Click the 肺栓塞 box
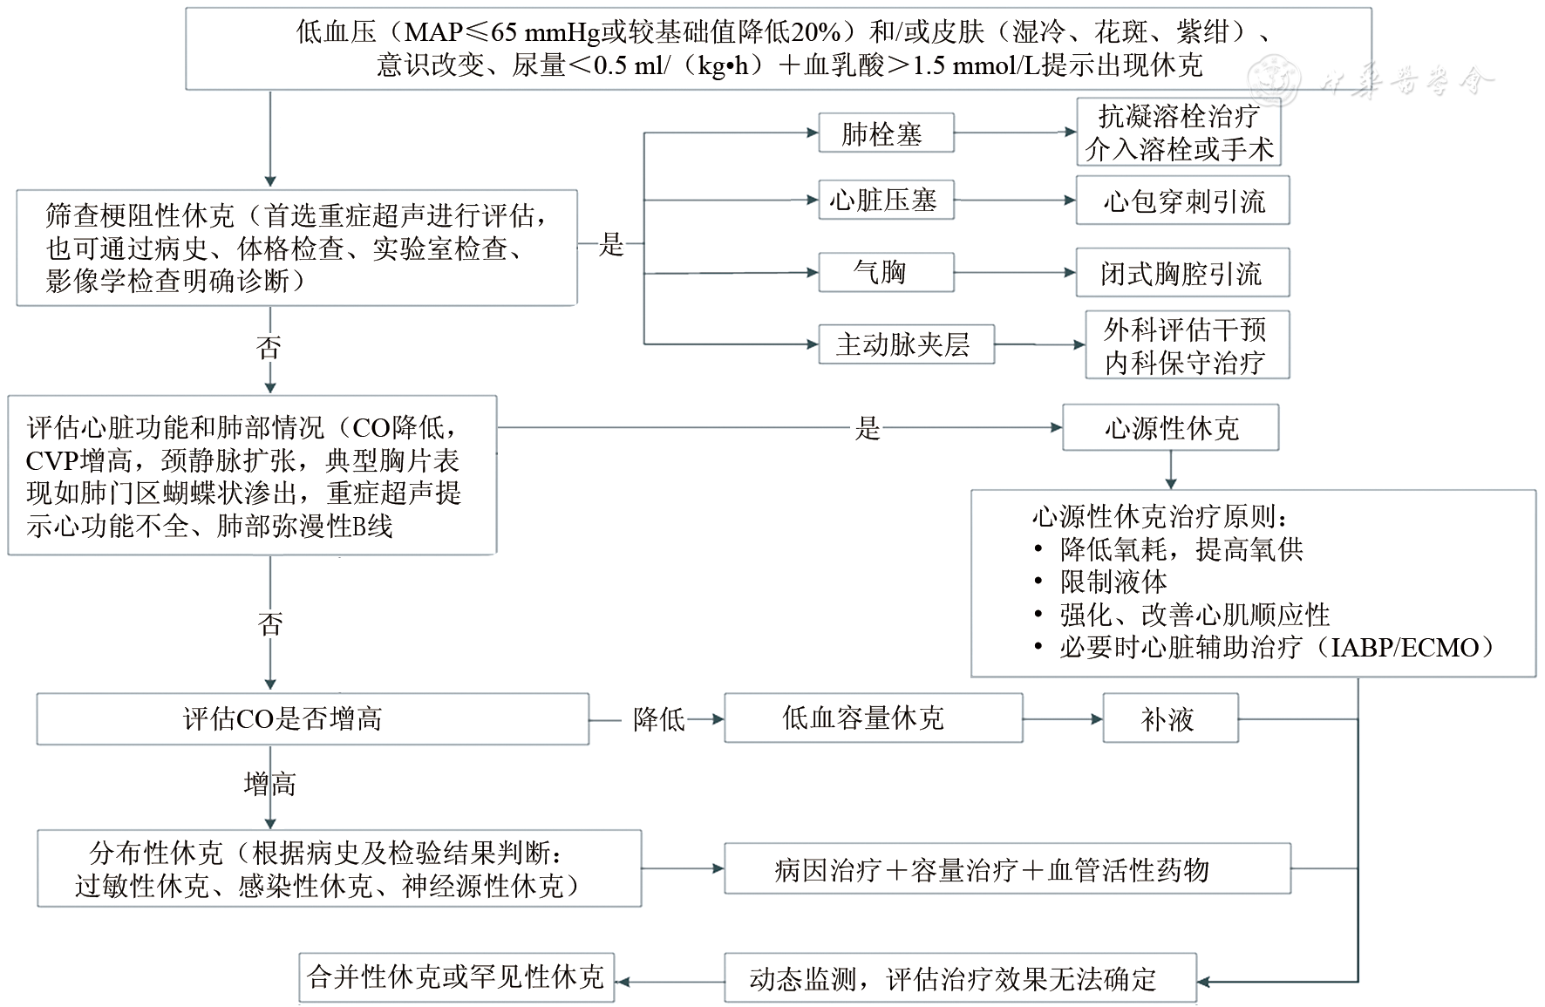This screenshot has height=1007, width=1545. point(885,133)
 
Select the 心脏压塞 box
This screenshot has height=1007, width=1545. point(885,201)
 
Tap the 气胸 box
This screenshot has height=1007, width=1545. point(885,273)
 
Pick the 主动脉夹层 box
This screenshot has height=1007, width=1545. point(905,344)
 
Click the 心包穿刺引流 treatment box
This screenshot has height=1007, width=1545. point(1182,201)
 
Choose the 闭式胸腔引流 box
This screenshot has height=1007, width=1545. point(1182,274)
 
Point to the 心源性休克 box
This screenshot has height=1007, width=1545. point(1170,428)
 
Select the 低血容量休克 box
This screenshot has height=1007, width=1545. point(873,718)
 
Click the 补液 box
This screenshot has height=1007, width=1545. point(1169,719)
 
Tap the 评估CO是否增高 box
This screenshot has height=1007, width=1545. point(312,719)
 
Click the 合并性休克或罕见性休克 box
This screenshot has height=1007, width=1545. point(456,978)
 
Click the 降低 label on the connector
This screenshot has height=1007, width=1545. point(659,719)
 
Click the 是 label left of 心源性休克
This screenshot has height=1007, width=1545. point(868,428)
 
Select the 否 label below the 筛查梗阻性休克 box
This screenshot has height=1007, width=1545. point(269,349)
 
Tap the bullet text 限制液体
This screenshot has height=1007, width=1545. point(1113,582)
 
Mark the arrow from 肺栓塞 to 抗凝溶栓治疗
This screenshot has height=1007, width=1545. point(1015,133)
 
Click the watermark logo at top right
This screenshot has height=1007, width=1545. point(1274,79)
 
